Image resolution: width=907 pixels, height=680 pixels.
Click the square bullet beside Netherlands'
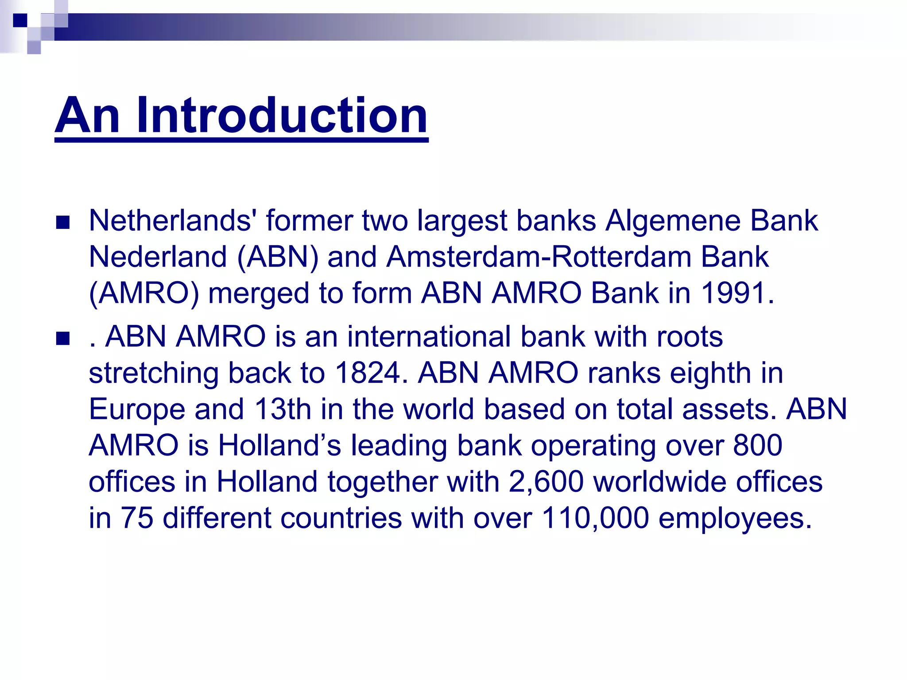[x=63, y=222]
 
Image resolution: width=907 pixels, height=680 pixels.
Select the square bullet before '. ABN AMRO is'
[x=63, y=339]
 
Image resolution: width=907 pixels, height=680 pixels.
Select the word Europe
[x=137, y=409]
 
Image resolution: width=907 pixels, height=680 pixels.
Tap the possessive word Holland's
[x=279, y=445]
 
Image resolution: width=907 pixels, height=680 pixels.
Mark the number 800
[x=758, y=445]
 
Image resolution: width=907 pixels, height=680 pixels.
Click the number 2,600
[x=546, y=482]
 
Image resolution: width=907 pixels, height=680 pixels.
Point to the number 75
[x=137, y=518]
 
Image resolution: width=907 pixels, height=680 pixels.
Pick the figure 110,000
[x=595, y=518]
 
